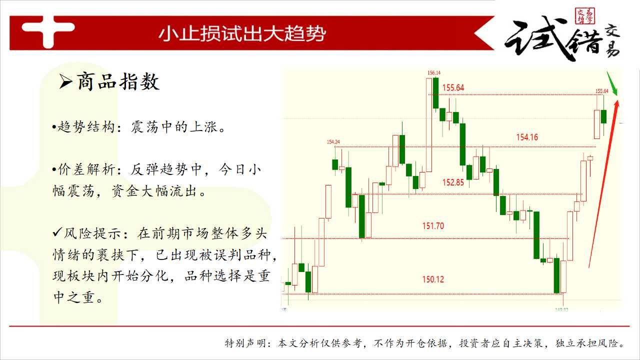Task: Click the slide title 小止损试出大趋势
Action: pos(242,33)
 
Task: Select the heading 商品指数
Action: pos(118,81)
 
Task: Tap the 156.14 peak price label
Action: pos(433,73)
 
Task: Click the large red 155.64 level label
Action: pos(453,87)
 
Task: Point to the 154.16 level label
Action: pos(527,137)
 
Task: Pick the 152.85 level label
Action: pos(453,182)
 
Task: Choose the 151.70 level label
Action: pos(433,226)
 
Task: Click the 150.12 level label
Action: pos(433,279)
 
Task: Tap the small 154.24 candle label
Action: pos(333,142)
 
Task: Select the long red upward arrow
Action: pos(603,184)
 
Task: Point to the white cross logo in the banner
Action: pos(47,31)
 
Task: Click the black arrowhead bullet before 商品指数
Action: pos(65,81)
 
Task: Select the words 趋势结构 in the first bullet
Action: pos(86,127)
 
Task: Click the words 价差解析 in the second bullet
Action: pos(86,169)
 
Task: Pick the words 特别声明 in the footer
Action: pos(245,343)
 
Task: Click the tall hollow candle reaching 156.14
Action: pos(429,125)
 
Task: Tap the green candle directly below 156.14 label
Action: pos(435,93)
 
